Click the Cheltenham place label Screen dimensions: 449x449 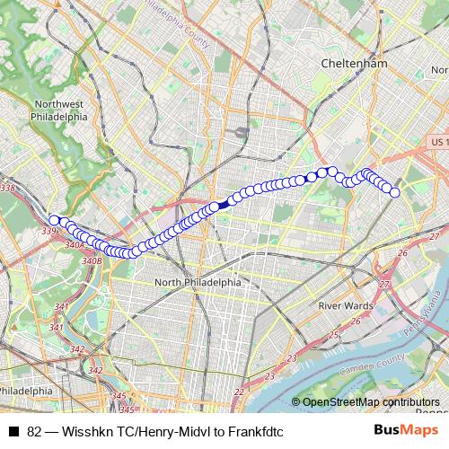tap(354, 64)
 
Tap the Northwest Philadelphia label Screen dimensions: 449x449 tap(58, 110)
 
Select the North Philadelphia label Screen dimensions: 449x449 tap(198, 281)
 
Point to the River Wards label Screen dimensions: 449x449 tap(346, 305)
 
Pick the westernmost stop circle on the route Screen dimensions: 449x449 tap(55, 220)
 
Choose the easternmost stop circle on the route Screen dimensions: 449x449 tap(394, 191)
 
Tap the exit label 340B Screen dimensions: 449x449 tap(91, 260)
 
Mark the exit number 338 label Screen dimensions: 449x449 tap(8, 189)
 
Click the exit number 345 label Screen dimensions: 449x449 tap(118, 395)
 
